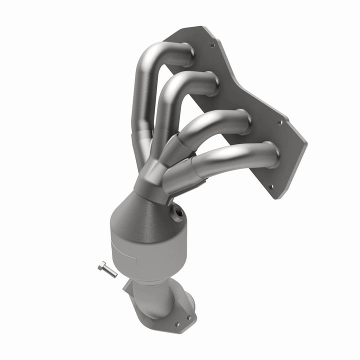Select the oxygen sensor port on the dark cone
coord(178,214)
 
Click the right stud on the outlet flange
coord(189,317)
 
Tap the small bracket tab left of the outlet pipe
coord(127,287)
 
